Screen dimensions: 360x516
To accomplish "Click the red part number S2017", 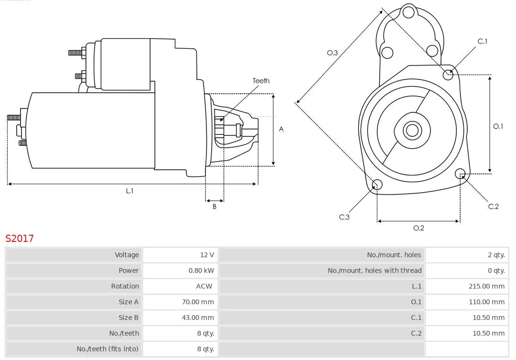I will pos(20,238).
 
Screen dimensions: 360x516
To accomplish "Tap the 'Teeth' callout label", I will pos(261,81).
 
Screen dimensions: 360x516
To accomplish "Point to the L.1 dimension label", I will pos(129,191).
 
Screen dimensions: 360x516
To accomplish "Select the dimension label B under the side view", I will pos(215,207).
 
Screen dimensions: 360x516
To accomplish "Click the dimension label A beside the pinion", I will pos(281,129).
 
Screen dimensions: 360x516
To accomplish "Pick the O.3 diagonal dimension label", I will pos(332,53).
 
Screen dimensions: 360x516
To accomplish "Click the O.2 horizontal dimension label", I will pos(419,228).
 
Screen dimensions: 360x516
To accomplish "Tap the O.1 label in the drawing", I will pos(498,126).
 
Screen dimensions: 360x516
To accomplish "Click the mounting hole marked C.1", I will pos(448,74).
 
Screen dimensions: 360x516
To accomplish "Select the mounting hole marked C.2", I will pos(460,173).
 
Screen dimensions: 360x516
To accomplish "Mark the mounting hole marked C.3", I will pos(377,185).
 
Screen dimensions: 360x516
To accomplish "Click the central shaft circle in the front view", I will pos(411,130).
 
